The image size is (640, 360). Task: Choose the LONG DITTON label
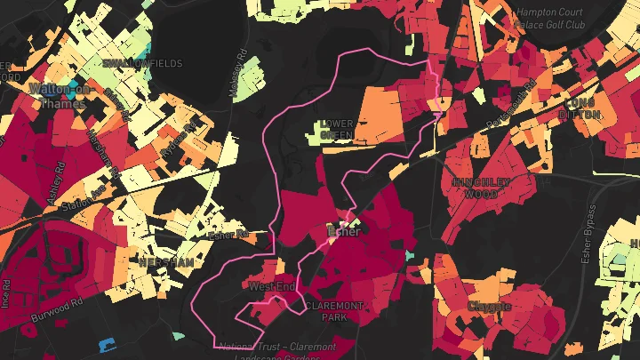point(582,108)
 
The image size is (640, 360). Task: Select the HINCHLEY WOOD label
point(482,187)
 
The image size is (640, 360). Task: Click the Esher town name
point(344,232)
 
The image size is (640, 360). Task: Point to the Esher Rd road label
point(226,236)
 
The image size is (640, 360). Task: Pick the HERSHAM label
point(165,262)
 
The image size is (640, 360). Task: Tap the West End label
point(271,286)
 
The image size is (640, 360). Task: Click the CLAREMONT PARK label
point(334,310)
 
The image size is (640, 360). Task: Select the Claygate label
point(489,307)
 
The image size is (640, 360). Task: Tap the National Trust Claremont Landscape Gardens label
point(277,351)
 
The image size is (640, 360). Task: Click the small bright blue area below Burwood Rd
point(107,344)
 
